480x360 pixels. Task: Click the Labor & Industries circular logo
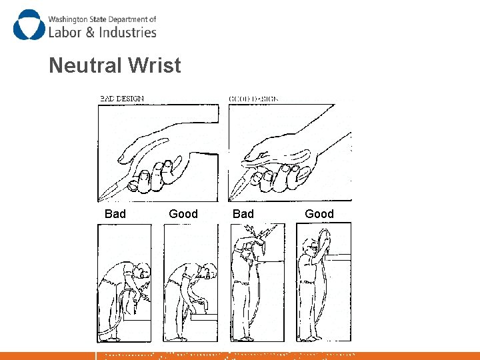pyautogui.click(x=27, y=25)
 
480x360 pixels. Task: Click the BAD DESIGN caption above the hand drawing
pyautogui.click(x=122, y=99)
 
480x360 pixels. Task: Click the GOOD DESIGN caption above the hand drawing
pyautogui.click(x=254, y=99)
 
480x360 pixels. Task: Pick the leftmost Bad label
pyautogui.click(x=115, y=214)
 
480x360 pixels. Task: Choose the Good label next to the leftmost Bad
pyautogui.click(x=183, y=214)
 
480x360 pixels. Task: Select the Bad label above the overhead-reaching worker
pyautogui.click(x=243, y=214)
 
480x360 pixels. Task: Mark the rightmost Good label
pyautogui.click(x=319, y=214)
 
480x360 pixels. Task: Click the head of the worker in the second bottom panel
pyautogui.click(x=209, y=272)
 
